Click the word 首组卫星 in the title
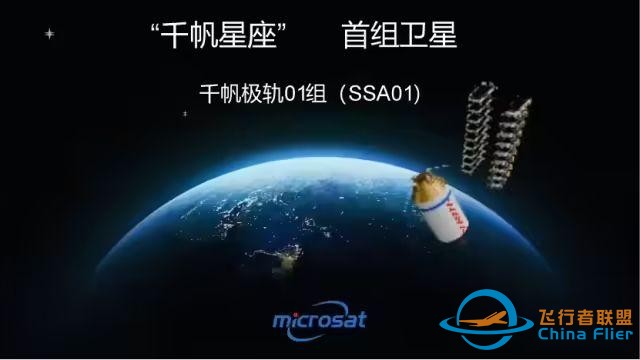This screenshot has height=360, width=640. [398, 37]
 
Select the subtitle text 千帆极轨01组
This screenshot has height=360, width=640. [261, 96]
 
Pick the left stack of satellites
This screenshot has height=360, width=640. [479, 130]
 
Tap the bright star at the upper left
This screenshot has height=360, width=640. [49, 34]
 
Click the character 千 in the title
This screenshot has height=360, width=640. [176, 37]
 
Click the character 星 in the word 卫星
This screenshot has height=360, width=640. [441, 37]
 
